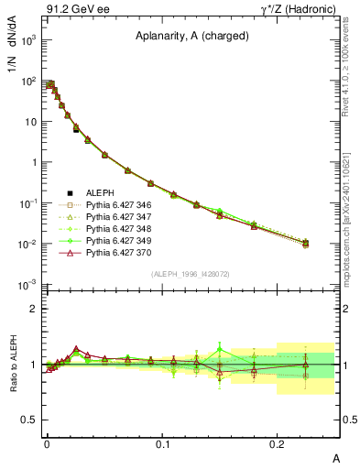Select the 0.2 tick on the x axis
(x=278, y=443)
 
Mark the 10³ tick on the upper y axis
(x=30, y=41)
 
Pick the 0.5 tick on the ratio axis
(x=30, y=420)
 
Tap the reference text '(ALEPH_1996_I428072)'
(x=191, y=274)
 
